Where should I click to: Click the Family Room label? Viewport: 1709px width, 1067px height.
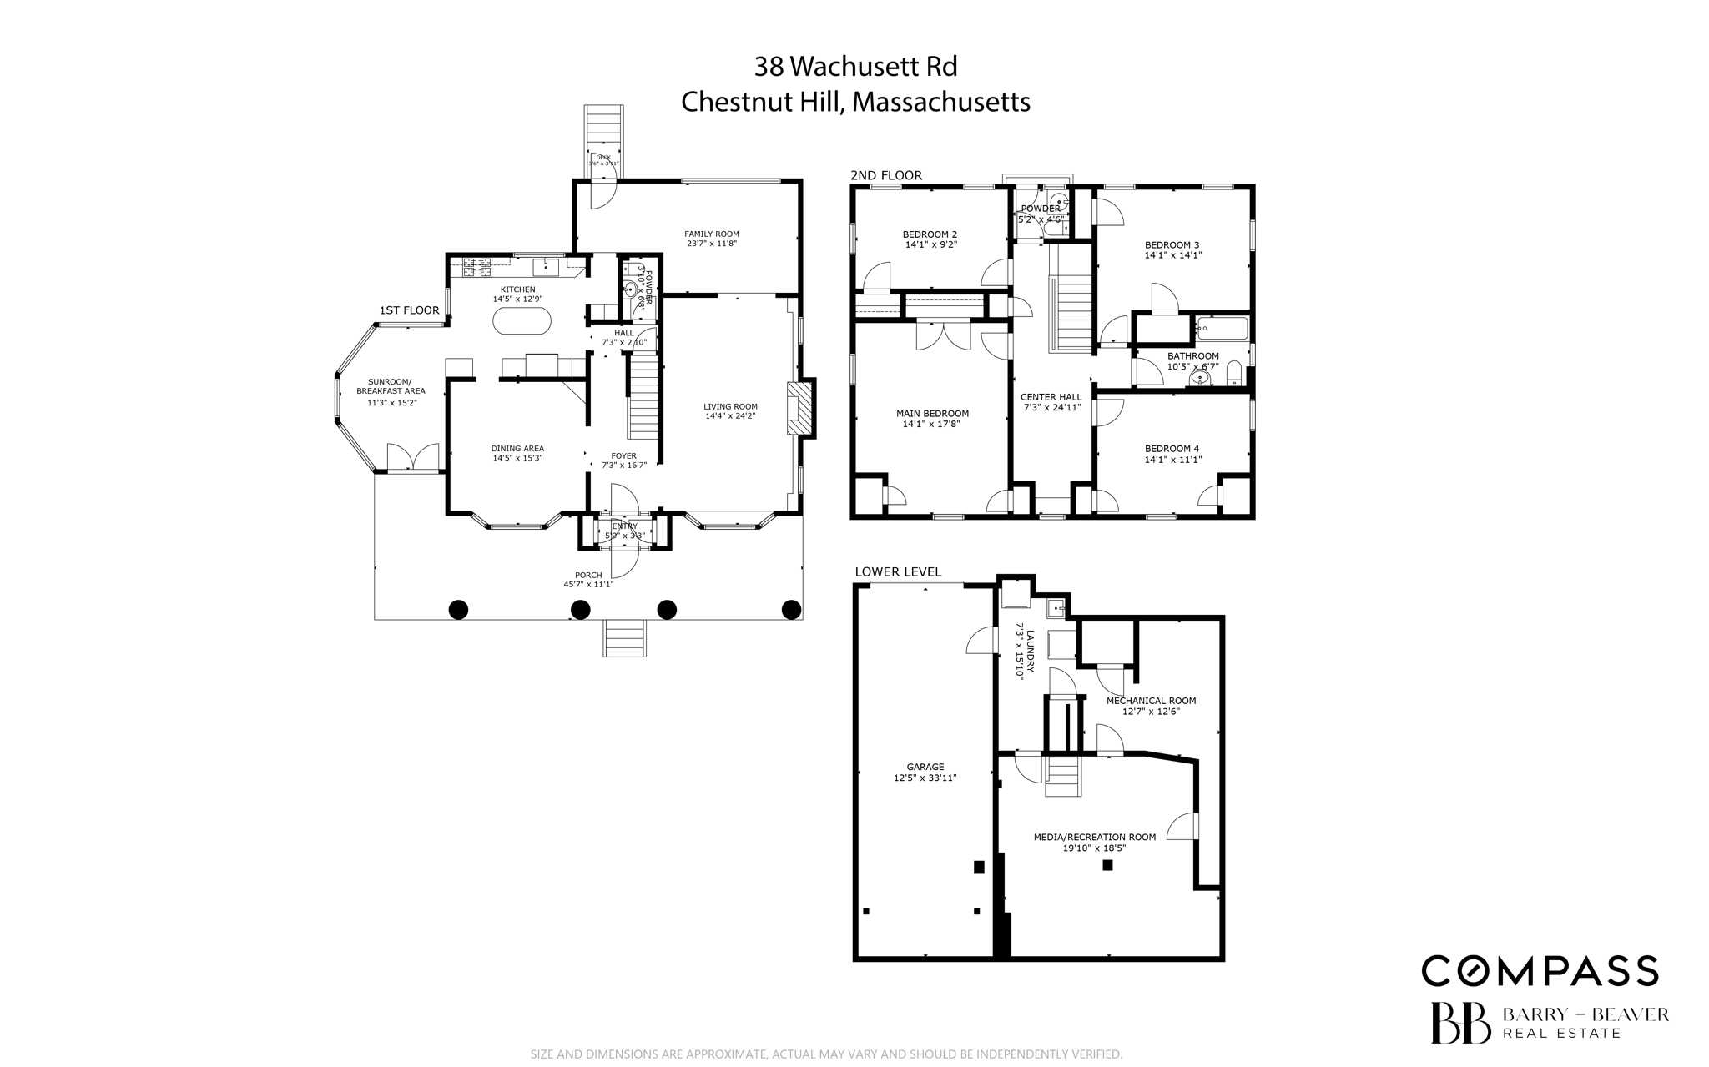click(711, 234)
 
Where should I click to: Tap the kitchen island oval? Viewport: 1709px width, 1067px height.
click(522, 320)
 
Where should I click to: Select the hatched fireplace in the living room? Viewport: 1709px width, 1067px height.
click(799, 408)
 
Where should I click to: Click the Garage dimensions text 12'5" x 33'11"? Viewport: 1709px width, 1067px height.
click(925, 778)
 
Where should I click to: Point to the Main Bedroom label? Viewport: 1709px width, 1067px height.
click(932, 414)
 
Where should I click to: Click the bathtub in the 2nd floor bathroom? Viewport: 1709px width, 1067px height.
click(1222, 329)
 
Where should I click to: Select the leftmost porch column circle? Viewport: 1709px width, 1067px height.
click(458, 610)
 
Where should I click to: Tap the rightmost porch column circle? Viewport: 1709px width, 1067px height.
click(791, 610)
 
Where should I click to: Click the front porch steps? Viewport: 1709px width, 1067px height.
click(625, 638)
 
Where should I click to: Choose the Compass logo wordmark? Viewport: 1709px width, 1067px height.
click(1540, 971)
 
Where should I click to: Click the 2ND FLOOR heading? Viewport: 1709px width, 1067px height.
click(885, 176)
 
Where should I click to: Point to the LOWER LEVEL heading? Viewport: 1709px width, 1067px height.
click(897, 572)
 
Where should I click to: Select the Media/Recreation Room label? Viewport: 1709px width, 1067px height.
click(1094, 837)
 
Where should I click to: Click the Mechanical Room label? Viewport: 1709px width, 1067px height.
click(1151, 701)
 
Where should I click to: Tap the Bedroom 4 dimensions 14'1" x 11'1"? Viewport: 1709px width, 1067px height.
click(1172, 460)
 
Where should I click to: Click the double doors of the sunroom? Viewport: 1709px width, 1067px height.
click(413, 457)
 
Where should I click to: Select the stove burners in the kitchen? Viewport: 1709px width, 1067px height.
click(476, 267)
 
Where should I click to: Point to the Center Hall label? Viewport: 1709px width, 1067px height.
click(1051, 397)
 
